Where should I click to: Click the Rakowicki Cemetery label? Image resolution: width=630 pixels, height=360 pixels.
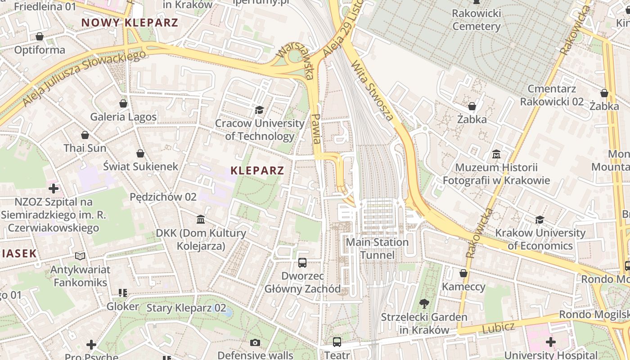click(476, 20)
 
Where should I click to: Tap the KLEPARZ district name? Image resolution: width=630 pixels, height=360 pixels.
click(257, 171)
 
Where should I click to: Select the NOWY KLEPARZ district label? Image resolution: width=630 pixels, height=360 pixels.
click(130, 22)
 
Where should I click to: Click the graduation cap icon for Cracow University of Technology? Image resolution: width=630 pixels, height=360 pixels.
click(259, 110)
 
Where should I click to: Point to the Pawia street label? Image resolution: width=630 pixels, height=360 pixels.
click(316, 128)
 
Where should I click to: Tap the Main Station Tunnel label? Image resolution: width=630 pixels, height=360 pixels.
click(377, 248)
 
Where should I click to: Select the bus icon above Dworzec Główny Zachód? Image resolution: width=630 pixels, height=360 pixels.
click(302, 262)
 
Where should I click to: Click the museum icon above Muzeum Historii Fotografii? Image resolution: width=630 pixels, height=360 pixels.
click(496, 154)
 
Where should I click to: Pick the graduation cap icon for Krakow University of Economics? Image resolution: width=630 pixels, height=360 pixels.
click(540, 220)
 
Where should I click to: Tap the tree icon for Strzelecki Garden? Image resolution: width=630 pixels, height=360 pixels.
click(424, 303)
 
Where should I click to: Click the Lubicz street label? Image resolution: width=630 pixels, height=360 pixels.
click(498, 328)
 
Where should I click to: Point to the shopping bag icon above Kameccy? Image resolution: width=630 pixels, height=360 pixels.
click(463, 273)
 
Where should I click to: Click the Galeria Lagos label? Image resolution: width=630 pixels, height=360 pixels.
click(123, 117)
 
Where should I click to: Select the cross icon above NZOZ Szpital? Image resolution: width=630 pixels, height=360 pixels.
click(54, 188)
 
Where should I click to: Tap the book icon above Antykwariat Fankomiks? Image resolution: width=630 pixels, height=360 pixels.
click(80, 256)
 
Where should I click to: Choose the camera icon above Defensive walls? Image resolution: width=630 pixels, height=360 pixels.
click(255, 343)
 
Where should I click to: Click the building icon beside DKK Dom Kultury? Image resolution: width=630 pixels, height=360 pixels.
click(201, 220)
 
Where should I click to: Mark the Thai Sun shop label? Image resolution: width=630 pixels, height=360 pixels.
click(85, 148)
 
